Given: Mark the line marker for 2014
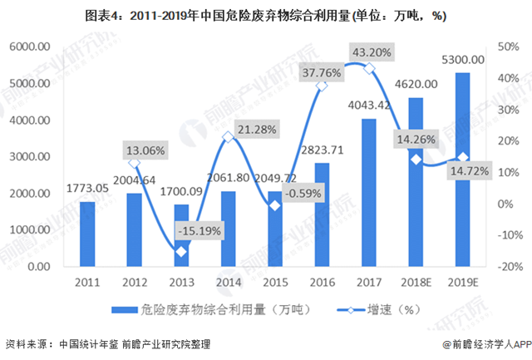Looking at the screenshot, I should (228, 137).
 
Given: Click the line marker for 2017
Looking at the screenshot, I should (369, 68).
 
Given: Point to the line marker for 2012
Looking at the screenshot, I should (134, 163).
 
